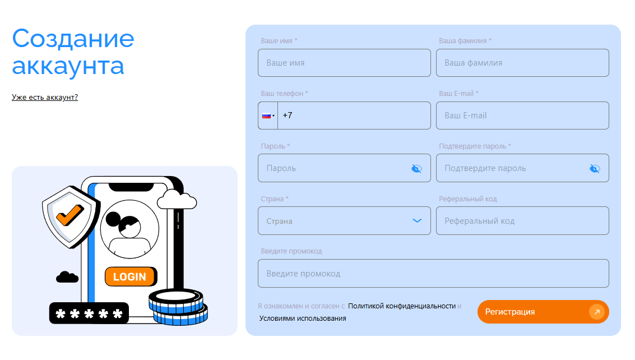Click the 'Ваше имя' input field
point(344,63)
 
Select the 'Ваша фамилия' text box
point(522,63)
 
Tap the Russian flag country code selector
point(268,116)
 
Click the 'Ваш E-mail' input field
point(522,116)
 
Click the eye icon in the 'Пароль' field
point(417,168)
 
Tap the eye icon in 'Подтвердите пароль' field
point(595,168)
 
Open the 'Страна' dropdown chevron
point(417,220)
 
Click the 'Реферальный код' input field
point(522,220)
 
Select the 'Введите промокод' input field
point(433,273)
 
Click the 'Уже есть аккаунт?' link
point(44,98)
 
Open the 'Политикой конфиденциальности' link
point(402,306)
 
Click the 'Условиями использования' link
point(303,319)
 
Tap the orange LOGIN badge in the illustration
point(131,276)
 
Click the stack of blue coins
point(178,307)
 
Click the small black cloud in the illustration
point(67,277)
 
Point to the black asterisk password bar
point(89,313)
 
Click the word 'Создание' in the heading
point(73,39)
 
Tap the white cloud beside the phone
point(177,200)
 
